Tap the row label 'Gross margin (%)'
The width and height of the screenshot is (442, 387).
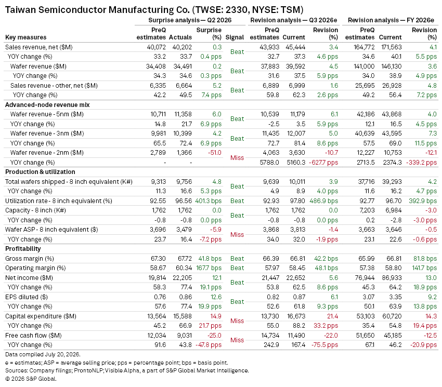click(30, 259)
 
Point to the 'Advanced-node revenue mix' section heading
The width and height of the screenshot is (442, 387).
click(47, 105)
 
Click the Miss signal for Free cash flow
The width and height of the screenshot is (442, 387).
click(237, 340)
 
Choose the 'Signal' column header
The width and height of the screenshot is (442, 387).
click(235, 37)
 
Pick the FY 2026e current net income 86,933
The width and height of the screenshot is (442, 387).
click(392, 278)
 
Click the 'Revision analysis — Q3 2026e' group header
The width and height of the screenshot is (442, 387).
click(294, 20)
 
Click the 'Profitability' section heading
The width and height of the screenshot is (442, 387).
click(23, 249)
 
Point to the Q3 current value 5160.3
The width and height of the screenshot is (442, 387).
click(295, 163)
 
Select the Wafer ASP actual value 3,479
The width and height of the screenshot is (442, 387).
click(184, 230)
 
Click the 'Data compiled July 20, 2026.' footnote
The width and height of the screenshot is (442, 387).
click(43, 354)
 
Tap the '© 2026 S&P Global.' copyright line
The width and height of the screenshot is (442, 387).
click(31, 379)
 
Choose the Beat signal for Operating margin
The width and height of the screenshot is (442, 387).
click(237, 268)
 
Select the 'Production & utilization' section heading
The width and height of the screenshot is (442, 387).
click(41, 172)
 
